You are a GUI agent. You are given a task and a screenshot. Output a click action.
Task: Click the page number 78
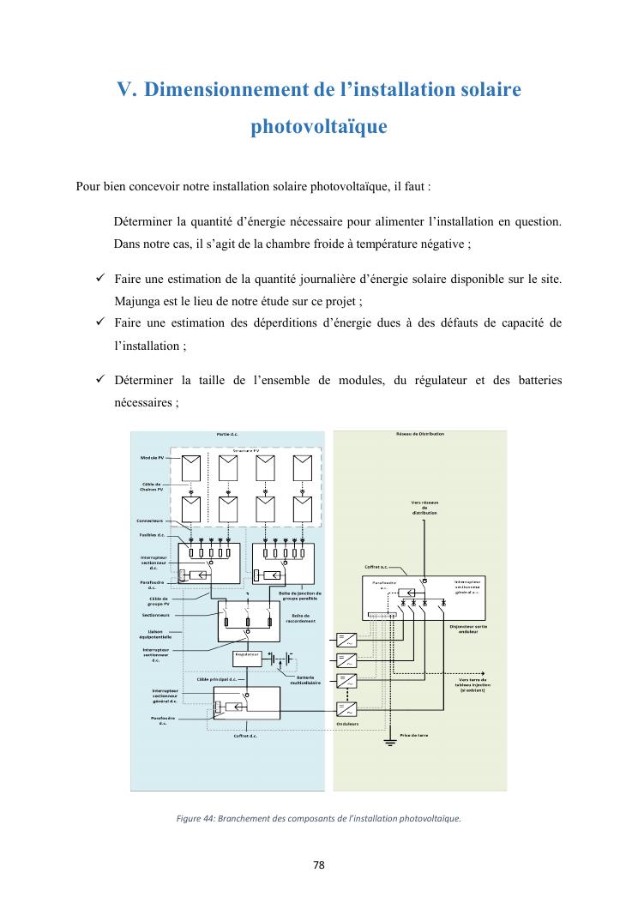click(318, 864)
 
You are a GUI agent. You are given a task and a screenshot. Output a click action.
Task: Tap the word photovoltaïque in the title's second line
click(318, 127)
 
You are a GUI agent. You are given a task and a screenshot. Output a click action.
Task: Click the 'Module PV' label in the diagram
click(153, 458)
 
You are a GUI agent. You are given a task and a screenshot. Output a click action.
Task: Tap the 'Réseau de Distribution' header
click(420, 434)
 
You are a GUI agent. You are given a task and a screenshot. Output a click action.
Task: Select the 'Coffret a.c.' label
click(376, 566)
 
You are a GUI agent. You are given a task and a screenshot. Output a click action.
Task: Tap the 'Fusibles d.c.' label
click(152, 534)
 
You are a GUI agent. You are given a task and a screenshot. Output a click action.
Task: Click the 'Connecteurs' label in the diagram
click(150, 521)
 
